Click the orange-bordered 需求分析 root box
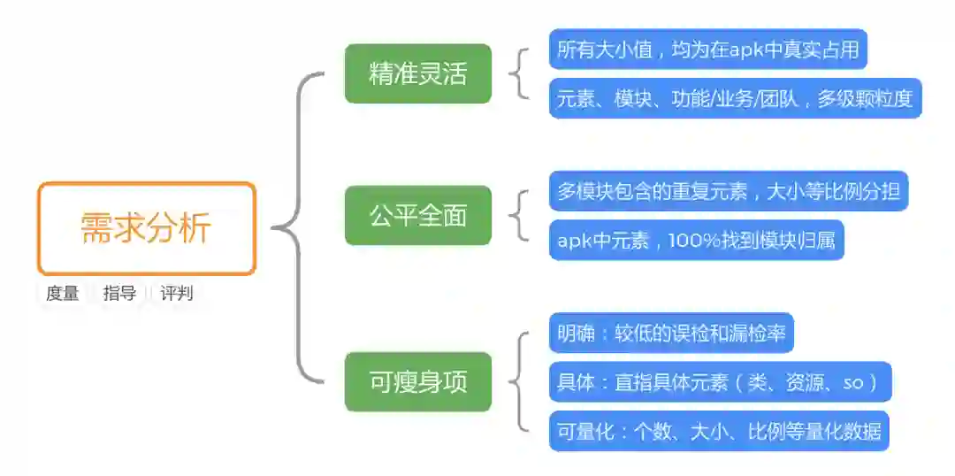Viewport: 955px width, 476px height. coord(147,228)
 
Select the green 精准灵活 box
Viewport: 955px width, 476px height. coord(417,73)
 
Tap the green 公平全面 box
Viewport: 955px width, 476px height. coord(417,215)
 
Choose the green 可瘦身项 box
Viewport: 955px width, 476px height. coord(417,381)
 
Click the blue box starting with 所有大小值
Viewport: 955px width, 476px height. coord(707,50)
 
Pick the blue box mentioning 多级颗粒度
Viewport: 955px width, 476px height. coord(735,98)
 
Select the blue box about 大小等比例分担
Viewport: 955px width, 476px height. coord(728,190)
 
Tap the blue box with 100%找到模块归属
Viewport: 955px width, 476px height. coord(696,240)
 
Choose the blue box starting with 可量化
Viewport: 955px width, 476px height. coord(718,431)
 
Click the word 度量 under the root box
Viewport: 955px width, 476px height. coord(63,294)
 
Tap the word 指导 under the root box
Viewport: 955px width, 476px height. coord(119,294)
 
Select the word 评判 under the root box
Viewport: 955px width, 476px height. coord(177,294)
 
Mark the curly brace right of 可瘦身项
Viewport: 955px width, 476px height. coord(520,381)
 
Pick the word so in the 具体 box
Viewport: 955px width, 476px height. coord(852,382)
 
